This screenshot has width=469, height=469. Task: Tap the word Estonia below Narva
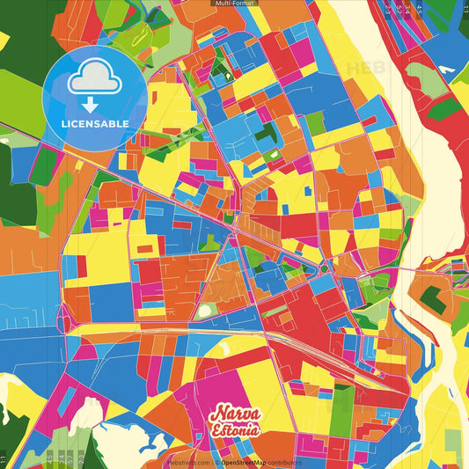234,430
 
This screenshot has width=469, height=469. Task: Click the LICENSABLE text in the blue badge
95,123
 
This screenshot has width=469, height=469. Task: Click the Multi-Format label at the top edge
234,4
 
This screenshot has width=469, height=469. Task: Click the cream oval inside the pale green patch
205,310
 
